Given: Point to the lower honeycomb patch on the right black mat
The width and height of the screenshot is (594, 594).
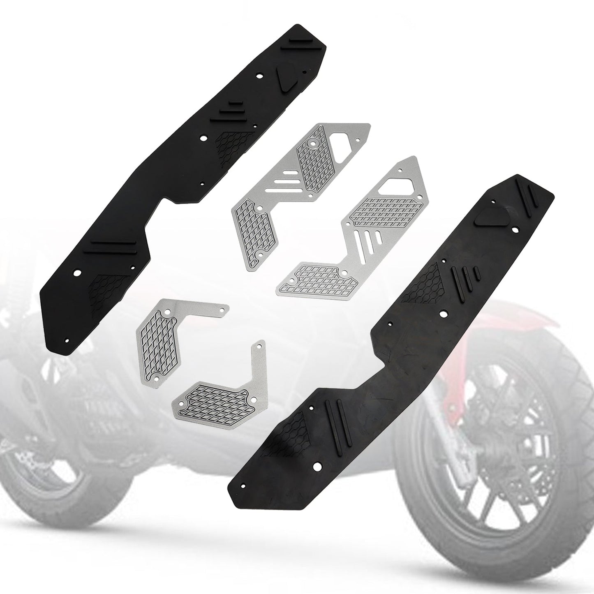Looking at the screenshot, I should [303, 429].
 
